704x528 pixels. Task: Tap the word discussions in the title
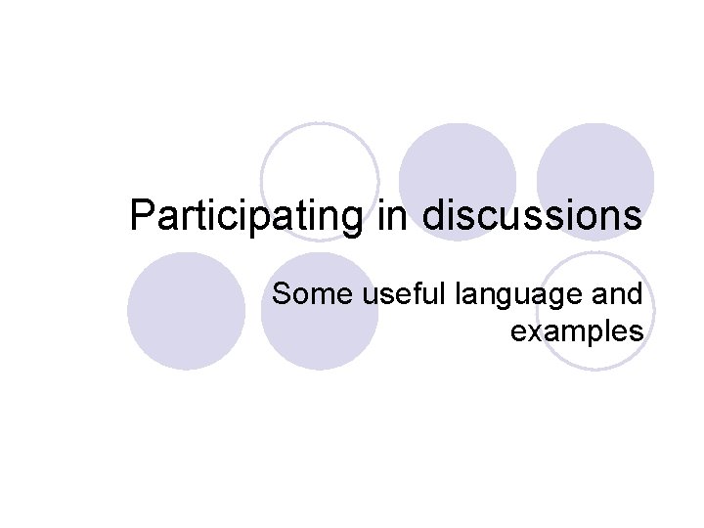(533, 216)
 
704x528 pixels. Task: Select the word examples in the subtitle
(576, 332)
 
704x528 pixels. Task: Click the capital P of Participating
(142, 216)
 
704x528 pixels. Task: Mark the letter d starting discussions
(434, 216)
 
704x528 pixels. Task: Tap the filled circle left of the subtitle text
(186, 311)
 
